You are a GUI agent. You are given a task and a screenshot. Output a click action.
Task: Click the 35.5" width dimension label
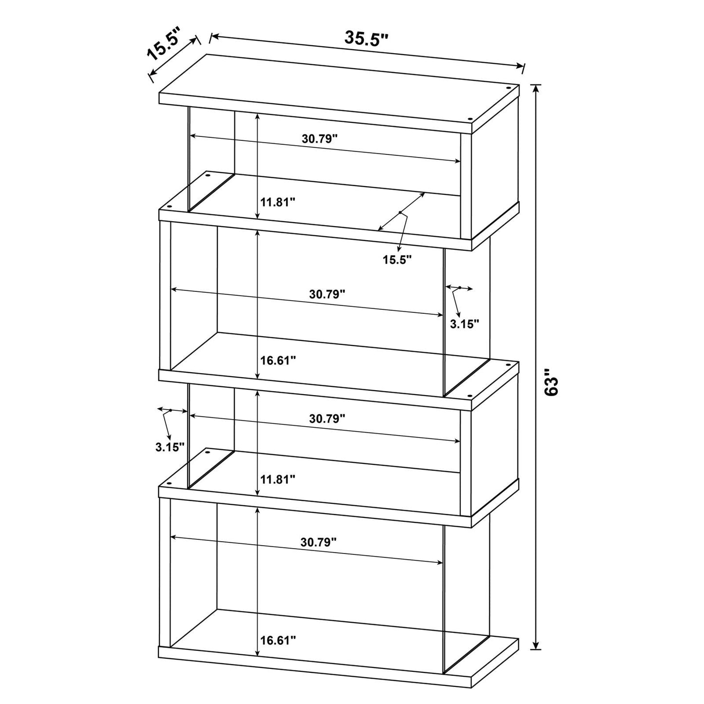tap(366, 38)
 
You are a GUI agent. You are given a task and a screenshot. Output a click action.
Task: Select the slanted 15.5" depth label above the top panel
tap(163, 45)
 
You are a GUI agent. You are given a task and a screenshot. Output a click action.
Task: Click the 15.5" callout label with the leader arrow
tap(397, 260)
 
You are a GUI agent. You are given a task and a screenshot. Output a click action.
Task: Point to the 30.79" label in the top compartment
tap(320, 138)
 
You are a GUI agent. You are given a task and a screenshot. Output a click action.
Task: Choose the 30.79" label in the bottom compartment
tap(319, 542)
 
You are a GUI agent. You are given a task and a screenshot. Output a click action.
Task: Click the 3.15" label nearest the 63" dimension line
tap(464, 323)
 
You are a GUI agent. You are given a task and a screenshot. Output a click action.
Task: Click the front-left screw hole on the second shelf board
tap(169, 207)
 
